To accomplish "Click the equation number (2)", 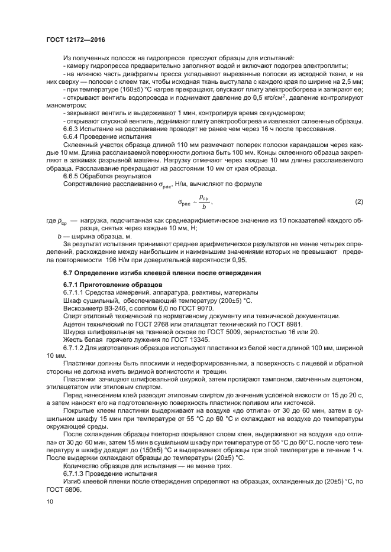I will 358,202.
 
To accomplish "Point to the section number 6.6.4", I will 73,136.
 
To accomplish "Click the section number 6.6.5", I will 73,176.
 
